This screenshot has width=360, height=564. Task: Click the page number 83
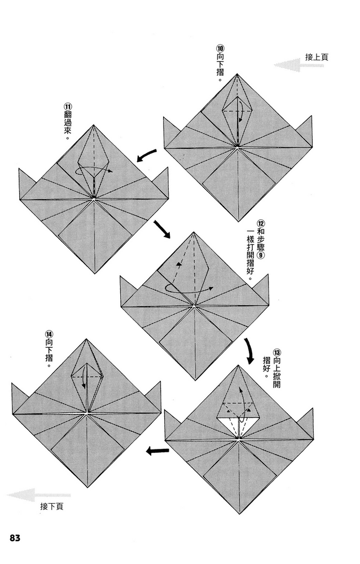(15, 538)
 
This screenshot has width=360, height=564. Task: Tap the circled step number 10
(220, 48)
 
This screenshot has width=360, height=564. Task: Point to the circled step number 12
(261, 224)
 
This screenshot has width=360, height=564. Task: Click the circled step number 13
(277, 352)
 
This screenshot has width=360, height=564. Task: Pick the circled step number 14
(49, 333)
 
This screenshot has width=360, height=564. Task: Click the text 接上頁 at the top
(317, 57)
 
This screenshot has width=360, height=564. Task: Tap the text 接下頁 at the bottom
(52, 506)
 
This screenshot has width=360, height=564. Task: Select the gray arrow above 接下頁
(39, 495)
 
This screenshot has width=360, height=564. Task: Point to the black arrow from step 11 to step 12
(161, 229)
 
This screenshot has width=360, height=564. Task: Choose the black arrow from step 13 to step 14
(157, 450)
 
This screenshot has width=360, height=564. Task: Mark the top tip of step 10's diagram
(237, 74)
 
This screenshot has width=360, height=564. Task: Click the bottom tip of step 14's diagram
(87, 487)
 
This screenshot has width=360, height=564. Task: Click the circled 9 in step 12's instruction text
(261, 255)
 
